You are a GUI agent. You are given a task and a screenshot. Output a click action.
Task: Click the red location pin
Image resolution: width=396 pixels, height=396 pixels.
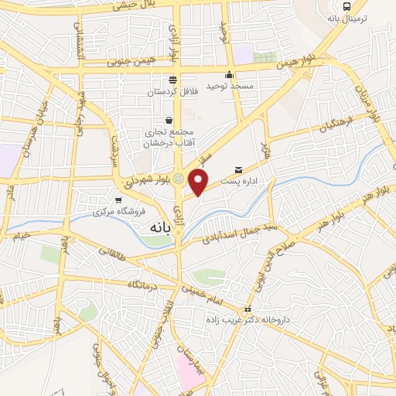200,182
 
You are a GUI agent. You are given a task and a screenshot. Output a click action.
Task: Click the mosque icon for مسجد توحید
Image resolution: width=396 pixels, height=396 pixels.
229,76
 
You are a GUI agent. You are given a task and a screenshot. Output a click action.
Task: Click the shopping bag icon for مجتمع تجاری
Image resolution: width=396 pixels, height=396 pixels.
169,119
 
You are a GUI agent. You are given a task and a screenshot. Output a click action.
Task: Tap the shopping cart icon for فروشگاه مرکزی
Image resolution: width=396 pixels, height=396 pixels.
118,200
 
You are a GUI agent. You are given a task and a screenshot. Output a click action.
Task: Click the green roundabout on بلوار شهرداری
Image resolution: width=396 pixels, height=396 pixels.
179,179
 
